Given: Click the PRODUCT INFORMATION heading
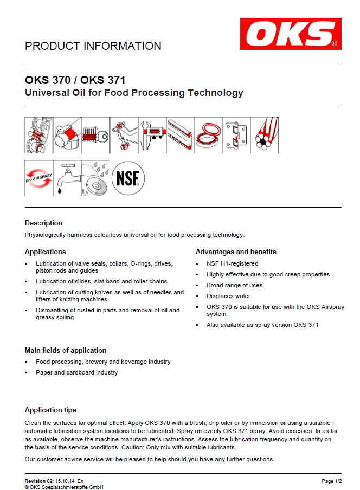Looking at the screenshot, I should tap(93, 47).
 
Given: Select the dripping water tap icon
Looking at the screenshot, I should tap(67, 178).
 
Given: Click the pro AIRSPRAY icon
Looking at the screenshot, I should tap(38, 178).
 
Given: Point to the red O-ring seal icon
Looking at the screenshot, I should tap(208, 135).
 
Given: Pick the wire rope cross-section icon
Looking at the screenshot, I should tap(265, 135).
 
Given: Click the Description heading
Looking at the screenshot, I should tap(44, 223).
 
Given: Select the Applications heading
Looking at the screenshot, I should tap(46, 252).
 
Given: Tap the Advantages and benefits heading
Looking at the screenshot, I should tap(236, 252).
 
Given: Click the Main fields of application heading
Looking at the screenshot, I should tap(66, 350).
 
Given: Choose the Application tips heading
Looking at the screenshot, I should tap(50, 410).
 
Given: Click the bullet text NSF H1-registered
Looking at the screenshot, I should tap(233, 263).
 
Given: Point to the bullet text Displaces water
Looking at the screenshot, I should tap(228, 296).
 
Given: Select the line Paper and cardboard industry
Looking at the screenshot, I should tap(76, 372).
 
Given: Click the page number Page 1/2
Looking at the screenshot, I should tap(331, 481).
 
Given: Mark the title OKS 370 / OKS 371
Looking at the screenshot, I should tap(75, 80).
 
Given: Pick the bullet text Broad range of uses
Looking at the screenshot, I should tap(234, 285).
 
